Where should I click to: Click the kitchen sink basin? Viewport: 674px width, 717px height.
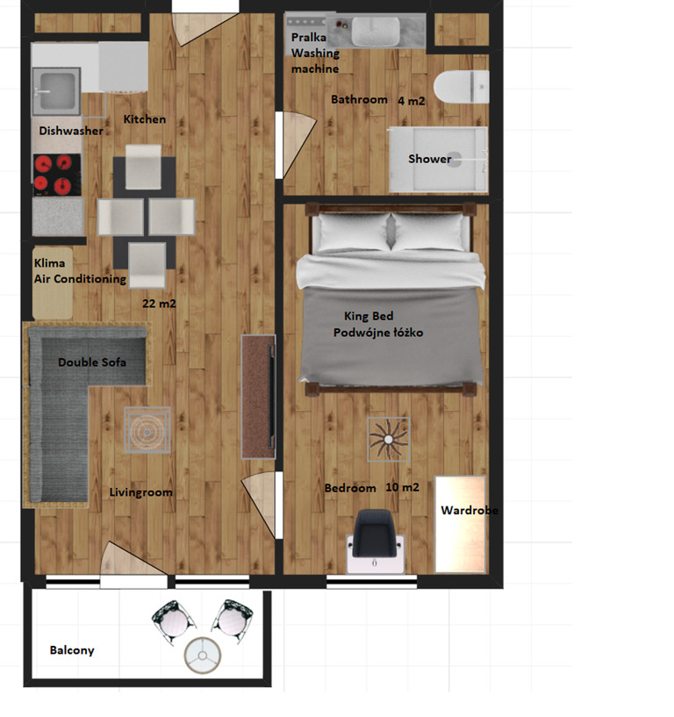click(56, 91)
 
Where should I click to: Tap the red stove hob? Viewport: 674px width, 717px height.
click(57, 175)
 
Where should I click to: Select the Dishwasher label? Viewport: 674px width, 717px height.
click(71, 131)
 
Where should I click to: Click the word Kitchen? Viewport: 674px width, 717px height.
click(145, 119)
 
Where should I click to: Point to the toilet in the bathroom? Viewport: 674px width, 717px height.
click(461, 87)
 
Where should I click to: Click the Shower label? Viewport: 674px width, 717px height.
click(429, 159)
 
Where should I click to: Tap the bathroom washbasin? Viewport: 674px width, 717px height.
click(376, 32)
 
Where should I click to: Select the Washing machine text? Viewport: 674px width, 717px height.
click(315, 61)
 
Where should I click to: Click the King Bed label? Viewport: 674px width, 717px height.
click(369, 316)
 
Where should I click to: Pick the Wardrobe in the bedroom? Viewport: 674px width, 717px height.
click(460, 524)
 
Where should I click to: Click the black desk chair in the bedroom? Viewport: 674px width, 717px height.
click(375, 534)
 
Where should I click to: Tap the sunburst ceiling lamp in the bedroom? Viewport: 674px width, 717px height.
click(388, 439)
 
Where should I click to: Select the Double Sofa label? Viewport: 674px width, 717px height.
click(92, 362)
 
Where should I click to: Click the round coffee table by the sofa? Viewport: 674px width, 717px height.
click(147, 430)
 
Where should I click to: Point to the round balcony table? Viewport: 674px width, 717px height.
click(203, 656)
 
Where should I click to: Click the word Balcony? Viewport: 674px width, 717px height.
click(72, 650)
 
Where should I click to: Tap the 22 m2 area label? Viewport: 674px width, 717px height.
click(159, 303)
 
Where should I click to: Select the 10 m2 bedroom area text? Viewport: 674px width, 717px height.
click(402, 487)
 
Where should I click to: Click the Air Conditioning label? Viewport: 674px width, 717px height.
click(80, 279)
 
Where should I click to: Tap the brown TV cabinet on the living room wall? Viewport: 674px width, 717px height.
click(258, 397)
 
